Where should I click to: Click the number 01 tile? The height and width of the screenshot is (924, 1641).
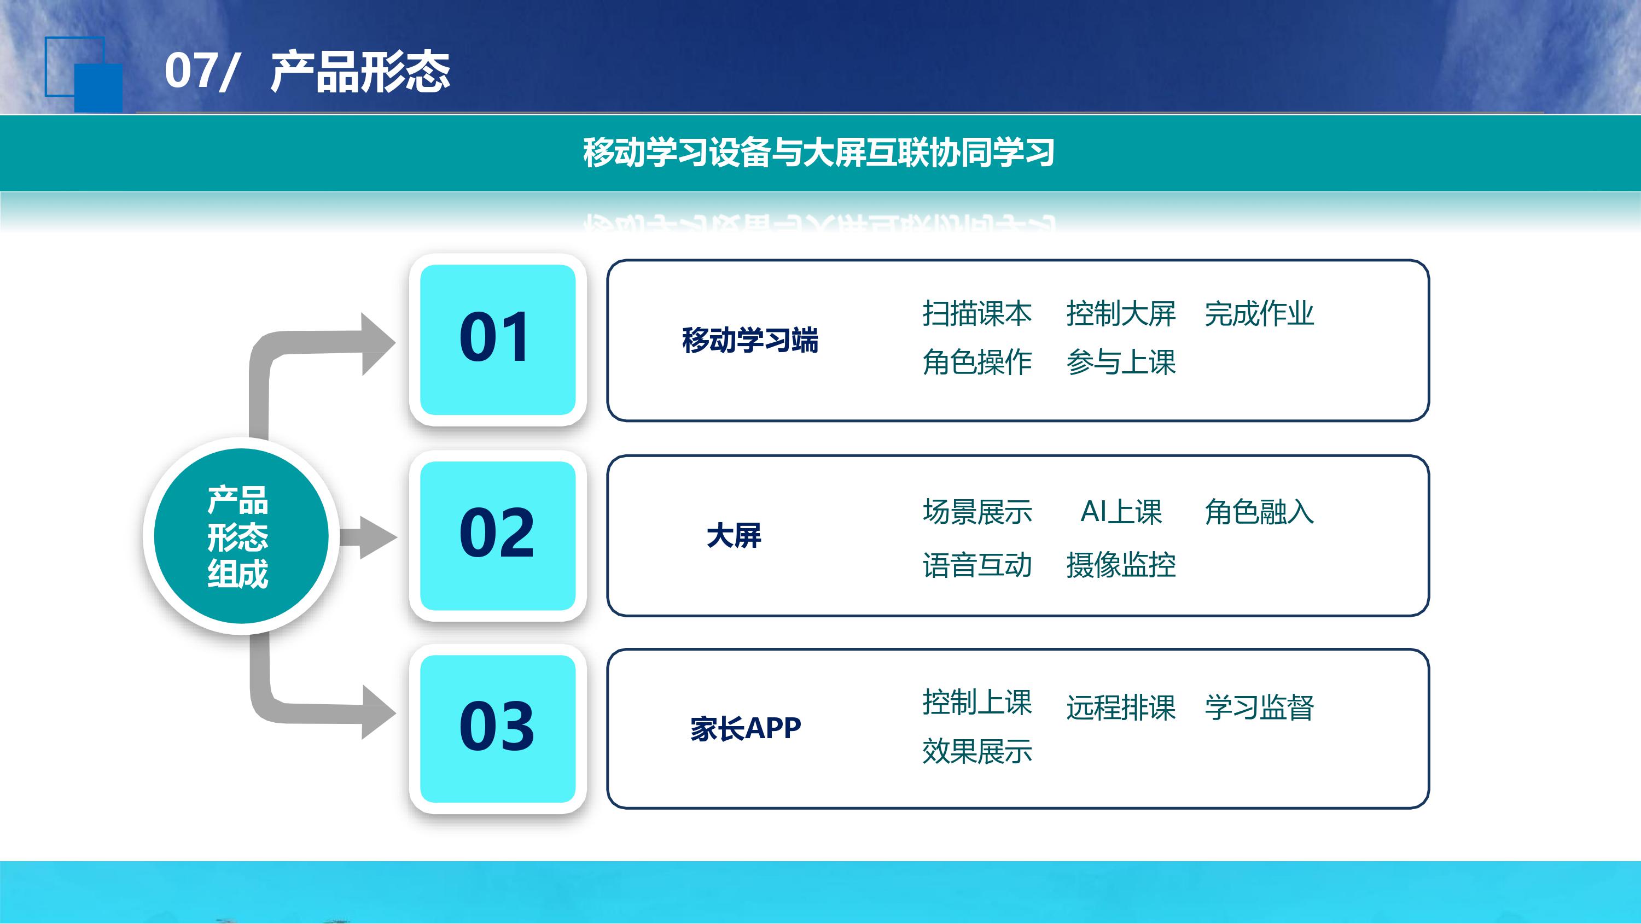point(498,340)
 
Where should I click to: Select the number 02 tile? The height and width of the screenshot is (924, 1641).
point(498,536)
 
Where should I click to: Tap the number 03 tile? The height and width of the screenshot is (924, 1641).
point(498,728)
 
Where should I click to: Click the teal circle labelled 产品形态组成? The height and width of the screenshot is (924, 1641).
point(241,536)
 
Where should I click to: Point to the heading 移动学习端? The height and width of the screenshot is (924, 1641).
point(750,340)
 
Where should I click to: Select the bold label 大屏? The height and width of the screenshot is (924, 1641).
point(734,536)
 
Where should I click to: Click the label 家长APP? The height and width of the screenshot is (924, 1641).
point(746,728)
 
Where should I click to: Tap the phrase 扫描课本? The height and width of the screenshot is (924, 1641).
point(977,313)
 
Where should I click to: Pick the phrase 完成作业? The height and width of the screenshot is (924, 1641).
point(1259,313)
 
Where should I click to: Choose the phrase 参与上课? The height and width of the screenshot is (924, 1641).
point(1121,362)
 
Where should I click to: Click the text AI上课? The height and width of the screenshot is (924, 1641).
point(1121,511)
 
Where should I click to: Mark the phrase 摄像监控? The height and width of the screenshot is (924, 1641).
point(1121,565)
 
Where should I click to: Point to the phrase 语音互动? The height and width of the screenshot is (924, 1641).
point(977,565)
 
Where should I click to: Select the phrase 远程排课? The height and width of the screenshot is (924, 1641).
point(1121,707)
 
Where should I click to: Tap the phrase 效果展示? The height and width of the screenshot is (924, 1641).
point(977,751)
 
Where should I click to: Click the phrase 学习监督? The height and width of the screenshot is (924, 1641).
point(1259,707)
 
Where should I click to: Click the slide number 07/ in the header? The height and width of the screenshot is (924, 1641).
point(201,71)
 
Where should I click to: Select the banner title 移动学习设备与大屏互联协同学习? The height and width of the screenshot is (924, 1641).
point(819,153)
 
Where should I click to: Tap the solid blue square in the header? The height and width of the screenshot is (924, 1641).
point(98,88)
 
